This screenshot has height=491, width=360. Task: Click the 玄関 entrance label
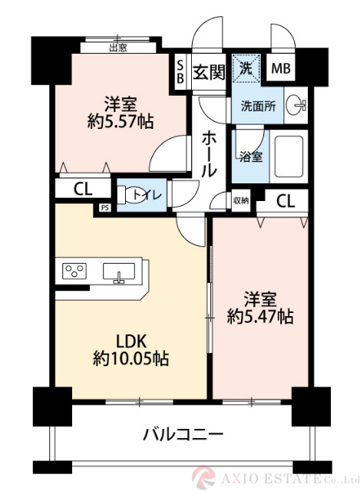[x=208, y=72]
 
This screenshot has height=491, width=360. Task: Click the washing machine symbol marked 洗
[x=246, y=68]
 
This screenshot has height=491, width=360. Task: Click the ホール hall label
[x=208, y=154]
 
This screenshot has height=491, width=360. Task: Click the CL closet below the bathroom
[x=285, y=202]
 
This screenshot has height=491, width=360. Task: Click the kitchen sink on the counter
[x=119, y=272]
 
